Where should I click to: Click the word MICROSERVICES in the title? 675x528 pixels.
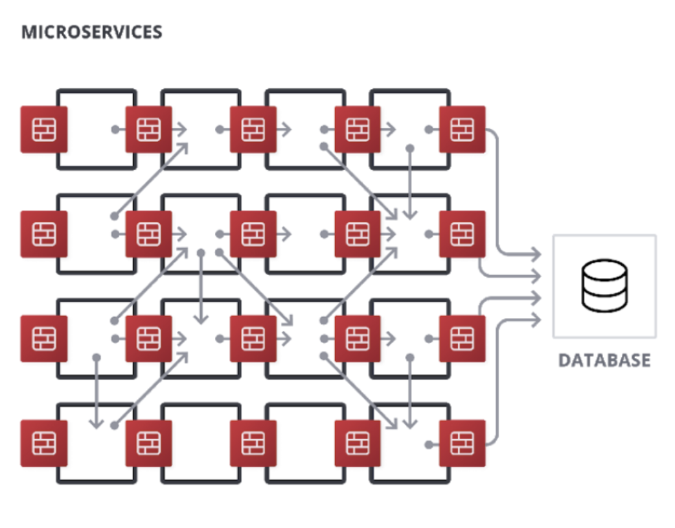tap(91, 32)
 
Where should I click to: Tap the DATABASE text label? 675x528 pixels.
tap(604, 361)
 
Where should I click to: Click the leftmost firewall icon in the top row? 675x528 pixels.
tap(44, 130)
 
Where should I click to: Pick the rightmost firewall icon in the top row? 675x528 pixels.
tap(462, 130)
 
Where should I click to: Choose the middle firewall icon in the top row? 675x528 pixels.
tap(253, 130)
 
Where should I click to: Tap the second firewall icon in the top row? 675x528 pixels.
tap(149, 130)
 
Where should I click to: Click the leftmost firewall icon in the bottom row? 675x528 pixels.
tap(44, 444)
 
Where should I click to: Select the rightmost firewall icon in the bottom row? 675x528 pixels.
tap(462, 444)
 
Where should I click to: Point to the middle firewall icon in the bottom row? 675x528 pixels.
tap(253, 444)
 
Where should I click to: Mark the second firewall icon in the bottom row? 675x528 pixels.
tap(149, 444)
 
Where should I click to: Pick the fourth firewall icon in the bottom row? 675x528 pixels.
tap(358, 444)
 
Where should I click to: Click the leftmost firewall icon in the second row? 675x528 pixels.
tap(44, 234)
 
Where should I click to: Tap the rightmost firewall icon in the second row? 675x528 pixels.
tap(462, 234)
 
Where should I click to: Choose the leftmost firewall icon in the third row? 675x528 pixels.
tap(44, 339)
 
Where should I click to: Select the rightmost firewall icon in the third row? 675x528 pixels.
tap(462, 339)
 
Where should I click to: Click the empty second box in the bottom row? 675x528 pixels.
tap(201, 444)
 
